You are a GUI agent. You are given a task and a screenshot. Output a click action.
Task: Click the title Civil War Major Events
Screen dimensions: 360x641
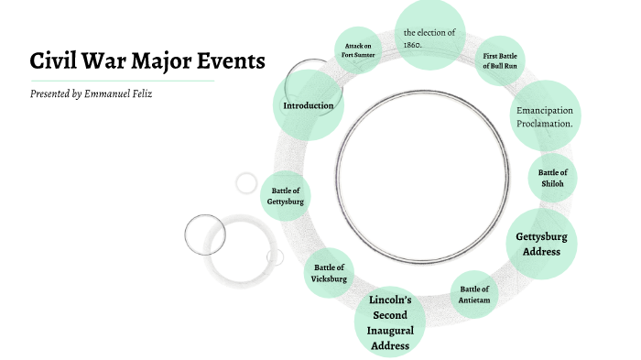coord(147,61)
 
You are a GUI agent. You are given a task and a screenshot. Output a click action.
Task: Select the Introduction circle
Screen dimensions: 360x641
coord(308,106)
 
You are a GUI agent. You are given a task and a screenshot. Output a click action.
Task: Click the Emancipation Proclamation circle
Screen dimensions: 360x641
coord(545,116)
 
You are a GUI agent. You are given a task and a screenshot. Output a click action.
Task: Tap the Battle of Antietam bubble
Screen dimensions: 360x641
coord(474,294)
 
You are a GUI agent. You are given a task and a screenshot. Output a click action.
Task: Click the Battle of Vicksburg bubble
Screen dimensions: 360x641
coord(329,273)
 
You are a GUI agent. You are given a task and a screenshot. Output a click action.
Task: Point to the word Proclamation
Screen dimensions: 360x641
coord(545,123)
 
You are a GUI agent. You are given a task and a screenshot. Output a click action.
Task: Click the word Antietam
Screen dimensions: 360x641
coord(474,300)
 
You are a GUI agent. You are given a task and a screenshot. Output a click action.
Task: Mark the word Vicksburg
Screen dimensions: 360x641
coord(329,278)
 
